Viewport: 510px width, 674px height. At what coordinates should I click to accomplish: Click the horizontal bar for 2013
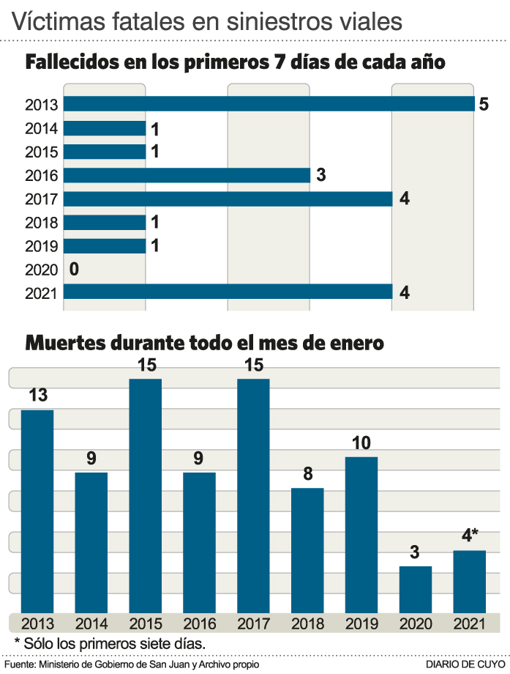pos(269,105)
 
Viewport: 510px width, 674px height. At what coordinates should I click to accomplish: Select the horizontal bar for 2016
pos(187,175)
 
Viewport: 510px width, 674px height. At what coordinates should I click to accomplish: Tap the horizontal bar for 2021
pos(228,292)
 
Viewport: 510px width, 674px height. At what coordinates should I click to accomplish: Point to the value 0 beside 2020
pos(74,269)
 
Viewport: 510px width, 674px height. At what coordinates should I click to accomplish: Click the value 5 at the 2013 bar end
pos(483,105)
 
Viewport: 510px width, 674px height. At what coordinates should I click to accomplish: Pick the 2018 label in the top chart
pos(41,223)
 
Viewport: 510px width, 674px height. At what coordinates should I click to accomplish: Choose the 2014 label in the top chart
pos(41,129)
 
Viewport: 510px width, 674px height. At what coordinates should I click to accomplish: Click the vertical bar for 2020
pos(416,589)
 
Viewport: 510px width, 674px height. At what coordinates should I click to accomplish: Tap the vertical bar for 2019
pos(361,534)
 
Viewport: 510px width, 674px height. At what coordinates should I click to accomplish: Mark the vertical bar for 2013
pos(37,511)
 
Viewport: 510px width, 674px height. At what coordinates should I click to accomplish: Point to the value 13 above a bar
pos(38,396)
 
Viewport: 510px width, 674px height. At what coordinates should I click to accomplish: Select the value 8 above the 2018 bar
pos(307,474)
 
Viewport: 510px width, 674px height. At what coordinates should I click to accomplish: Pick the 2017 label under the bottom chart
pos(253,624)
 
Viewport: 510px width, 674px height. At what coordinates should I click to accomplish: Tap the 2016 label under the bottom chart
pos(199,624)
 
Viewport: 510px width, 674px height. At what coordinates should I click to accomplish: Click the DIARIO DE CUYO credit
pos(466,664)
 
